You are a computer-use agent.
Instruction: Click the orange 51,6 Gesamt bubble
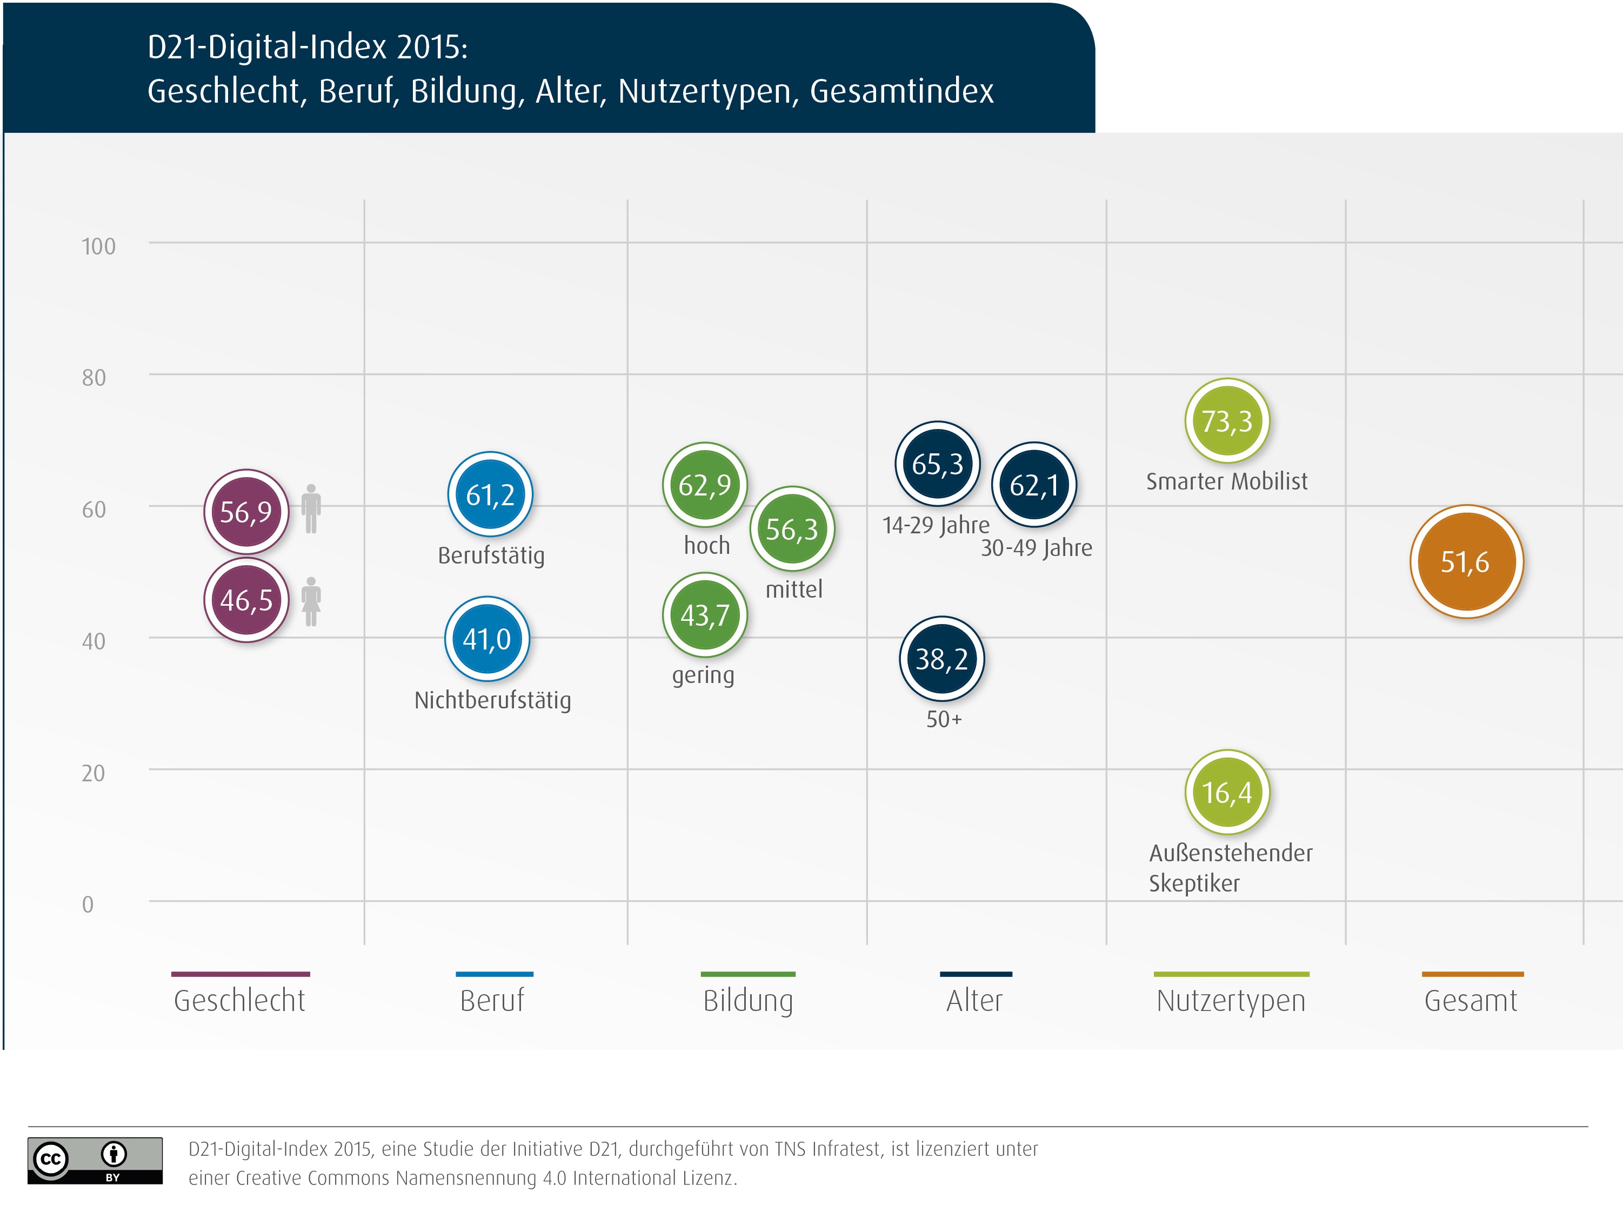[x=1466, y=562]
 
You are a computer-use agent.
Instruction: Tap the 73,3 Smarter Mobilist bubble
[x=1227, y=421]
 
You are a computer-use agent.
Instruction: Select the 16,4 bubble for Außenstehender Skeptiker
[x=1227, y=792]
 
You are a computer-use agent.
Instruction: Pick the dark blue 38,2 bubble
[x=941, y=659]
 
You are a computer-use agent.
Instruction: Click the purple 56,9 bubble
[x=246, y=511]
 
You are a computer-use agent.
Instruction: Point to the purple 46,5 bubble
[x=246, y=600]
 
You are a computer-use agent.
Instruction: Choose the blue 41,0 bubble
[x=486, y=639]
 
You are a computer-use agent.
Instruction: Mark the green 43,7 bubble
[x=704, y=615]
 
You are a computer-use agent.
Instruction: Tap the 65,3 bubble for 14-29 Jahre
[x=937, y=464]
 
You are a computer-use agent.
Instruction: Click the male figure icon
[x=311, y=508]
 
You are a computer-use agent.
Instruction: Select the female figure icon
[x=311, y=601]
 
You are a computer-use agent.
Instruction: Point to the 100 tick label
[x=98, y=246]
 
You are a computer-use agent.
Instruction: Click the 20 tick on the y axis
[x=93, y=773]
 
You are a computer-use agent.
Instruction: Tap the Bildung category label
[x=747, y=1001]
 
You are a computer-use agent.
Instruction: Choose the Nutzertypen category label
[x=1231, y=1001]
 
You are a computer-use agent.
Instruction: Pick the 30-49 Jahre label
[x=1036, y=548]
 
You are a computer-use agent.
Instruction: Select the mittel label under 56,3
[x=794, y=589]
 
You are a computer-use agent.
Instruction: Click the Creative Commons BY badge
[x=95, y=1160]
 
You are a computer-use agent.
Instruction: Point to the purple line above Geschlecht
[x=240, y=974]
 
